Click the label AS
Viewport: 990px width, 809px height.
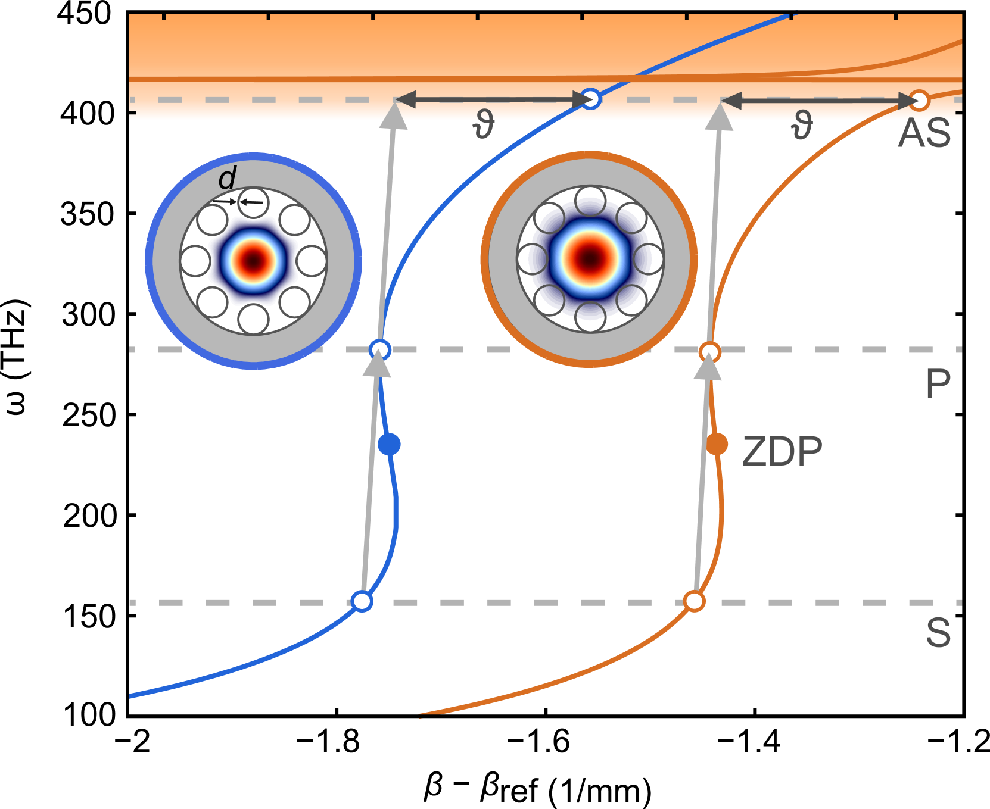(924, 133)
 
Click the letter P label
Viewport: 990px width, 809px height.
(938, 384)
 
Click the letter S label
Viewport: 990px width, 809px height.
(938, 632)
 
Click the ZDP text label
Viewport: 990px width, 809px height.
(782, 452)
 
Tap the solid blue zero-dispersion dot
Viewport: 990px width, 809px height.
(389, 444)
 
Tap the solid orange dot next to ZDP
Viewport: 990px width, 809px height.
(717, 444)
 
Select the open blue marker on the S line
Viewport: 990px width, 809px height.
(362, 601)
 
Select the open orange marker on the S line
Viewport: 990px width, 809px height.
(694, 601)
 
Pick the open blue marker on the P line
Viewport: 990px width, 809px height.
(379, 349)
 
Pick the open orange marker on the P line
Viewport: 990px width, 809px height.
(709, 352)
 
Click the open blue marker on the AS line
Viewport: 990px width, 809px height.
(590, 99)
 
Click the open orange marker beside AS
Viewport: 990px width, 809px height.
(920, 101)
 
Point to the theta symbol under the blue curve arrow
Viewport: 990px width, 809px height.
(483, 126)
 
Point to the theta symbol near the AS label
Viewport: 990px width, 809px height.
(802, 126)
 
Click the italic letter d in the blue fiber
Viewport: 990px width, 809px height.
(228, 178)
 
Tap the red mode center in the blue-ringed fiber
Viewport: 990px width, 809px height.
(254, 261)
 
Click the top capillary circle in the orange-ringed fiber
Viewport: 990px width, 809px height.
(590, 201)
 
